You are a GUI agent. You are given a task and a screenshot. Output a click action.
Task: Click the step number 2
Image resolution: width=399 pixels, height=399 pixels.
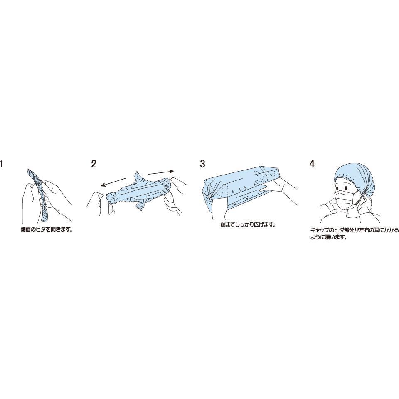pos(94,164)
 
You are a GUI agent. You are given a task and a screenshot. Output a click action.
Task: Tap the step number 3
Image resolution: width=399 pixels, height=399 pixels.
pos(202,164)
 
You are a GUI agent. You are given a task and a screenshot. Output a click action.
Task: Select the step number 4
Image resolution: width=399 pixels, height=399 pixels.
pos(312,164)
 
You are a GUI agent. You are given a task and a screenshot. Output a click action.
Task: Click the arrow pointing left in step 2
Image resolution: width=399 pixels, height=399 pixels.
pos(113,182)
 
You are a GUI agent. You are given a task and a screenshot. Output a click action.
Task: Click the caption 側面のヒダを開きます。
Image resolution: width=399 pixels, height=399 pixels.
pos(47,229)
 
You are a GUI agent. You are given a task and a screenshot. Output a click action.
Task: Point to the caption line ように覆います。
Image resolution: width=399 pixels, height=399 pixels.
pos(328,238)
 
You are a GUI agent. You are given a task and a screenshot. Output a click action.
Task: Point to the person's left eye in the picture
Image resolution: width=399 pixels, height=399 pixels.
pos(346,188)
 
